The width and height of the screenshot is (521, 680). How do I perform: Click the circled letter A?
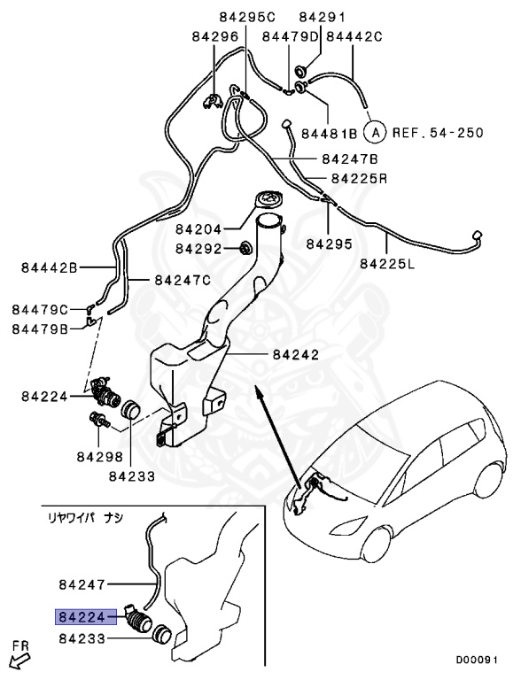click(376, 134)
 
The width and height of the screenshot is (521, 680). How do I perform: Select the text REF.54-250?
click(438, 134)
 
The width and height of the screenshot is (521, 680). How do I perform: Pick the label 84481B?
click(329, 134)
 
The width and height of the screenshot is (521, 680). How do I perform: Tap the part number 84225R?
click(359, 178)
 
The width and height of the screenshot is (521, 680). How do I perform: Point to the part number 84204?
click(198, 228)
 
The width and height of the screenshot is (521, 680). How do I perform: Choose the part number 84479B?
click(40, 329)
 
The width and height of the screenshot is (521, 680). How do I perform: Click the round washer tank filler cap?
click(267, 200)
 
